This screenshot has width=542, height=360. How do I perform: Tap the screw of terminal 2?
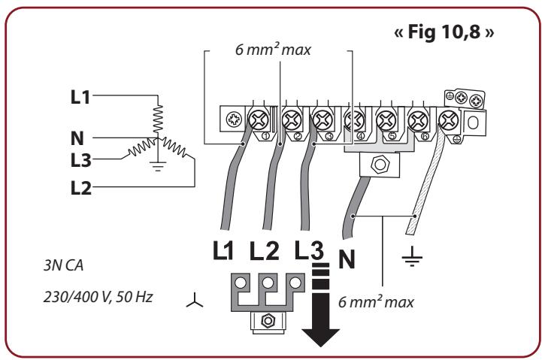click(291, 119)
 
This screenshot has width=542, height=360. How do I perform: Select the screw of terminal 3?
click(322, 119)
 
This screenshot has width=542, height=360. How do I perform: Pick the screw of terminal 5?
click(386, 119)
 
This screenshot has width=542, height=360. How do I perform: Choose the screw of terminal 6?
click(417, 119)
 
